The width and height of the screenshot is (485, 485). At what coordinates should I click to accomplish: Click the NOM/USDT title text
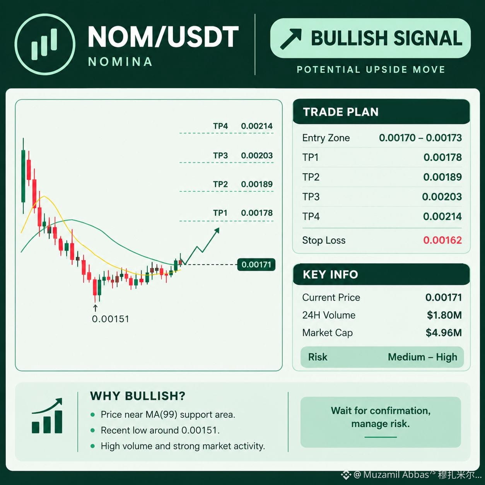click(163, 37)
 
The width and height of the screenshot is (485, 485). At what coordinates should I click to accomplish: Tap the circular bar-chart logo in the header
click(45, 44)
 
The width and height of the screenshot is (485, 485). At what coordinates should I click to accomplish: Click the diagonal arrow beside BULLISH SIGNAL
click(291, 39)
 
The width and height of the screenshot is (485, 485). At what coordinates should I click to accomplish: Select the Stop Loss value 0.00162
click(442, 240)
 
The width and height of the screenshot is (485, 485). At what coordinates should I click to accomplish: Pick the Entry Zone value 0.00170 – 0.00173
click(420, 138)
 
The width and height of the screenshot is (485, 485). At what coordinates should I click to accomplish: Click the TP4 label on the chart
click(220, 126)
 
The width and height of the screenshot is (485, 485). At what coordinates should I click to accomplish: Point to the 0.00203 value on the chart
click(257, 155)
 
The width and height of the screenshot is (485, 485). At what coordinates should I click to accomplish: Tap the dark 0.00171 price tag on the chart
click(256, 265)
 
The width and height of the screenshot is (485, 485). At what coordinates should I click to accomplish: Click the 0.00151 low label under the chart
click(111, 319)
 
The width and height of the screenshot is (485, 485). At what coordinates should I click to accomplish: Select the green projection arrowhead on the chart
click(217, 230)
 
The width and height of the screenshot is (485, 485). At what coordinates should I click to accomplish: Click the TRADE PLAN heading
click(341, 112)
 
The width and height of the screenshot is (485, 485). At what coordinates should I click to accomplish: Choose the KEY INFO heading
click(330, 274)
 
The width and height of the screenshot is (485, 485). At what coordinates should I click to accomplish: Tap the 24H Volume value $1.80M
click(444, 315)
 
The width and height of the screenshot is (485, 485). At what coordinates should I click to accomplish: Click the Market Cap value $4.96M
click(444, 333)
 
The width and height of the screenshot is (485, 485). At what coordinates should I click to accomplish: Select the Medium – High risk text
click(423, 357)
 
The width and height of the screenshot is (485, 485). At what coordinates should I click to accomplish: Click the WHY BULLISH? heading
click(138, 396)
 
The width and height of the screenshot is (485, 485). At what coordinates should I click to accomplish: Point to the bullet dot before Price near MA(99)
click(92, 415)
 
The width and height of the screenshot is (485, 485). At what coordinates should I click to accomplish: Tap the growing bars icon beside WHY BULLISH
click(47, 415)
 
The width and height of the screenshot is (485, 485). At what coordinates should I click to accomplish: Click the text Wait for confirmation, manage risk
click(381, 417)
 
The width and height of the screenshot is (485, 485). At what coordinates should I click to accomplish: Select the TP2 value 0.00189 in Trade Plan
click(442, 177)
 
